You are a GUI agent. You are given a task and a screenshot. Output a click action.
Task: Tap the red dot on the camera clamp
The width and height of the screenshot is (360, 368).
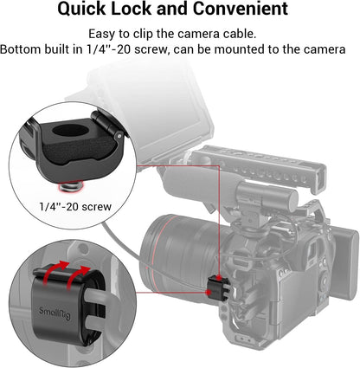[208, 294]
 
